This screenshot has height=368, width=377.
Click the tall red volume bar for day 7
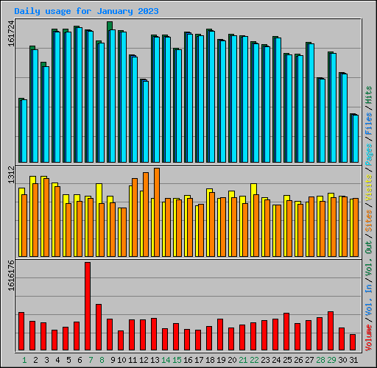tap(88, 305)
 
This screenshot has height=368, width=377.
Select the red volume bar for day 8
tap(99, 327)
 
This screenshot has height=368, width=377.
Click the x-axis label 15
tap(177, 360)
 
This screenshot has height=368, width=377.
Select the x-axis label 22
tap(254, 360)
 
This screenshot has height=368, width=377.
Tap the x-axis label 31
tap(353, 360)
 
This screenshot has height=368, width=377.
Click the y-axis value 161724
tap(11, 35)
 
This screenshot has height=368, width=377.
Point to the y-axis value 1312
tap(11, 175)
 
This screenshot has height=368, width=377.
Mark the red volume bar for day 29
tap(331, 330)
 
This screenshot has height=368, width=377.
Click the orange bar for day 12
tap(146, 213)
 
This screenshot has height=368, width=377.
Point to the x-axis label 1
tap(25, 360)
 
